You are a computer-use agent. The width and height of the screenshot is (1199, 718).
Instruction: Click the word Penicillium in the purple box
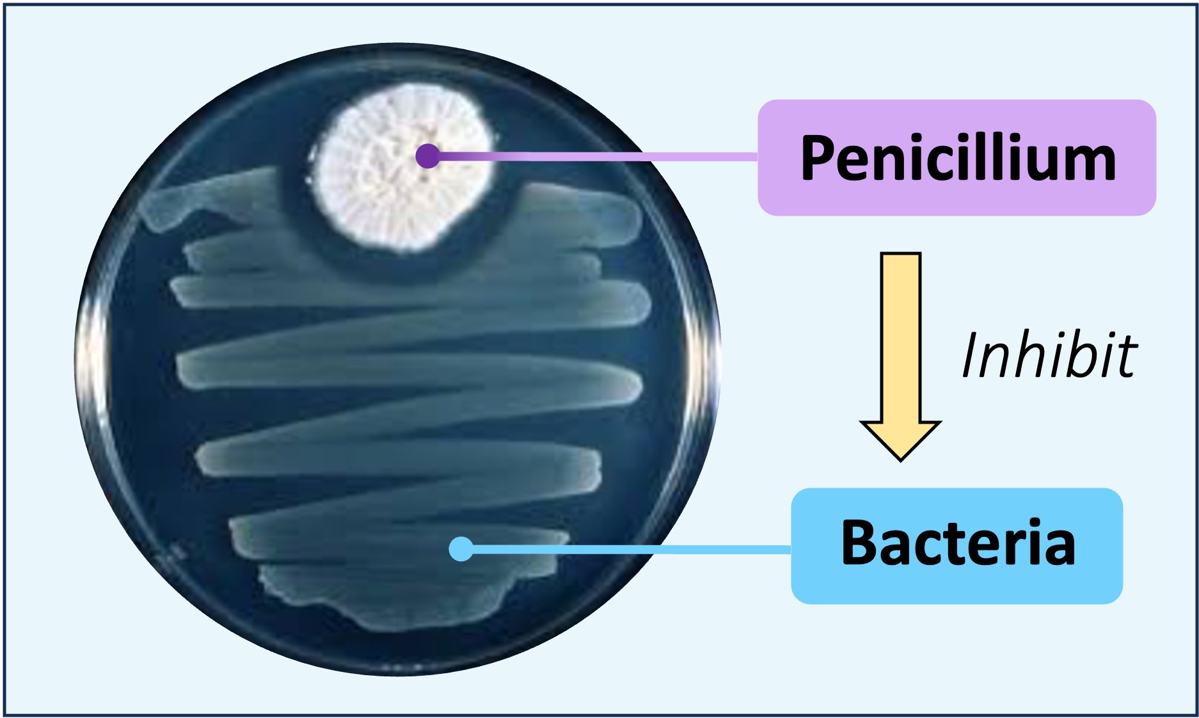tap(957, 158)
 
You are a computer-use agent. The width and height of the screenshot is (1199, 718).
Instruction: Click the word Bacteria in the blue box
tap(957, 543)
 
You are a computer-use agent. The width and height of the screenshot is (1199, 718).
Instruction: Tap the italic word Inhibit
tap(1049, 356)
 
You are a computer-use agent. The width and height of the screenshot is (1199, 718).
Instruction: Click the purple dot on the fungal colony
tap(427, 156)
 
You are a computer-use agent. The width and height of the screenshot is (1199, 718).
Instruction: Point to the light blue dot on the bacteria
tap(461, 548)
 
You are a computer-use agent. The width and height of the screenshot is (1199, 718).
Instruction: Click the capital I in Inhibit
tap(972, 356)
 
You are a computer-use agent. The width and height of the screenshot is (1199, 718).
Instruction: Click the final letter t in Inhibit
tap(1127, 357)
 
